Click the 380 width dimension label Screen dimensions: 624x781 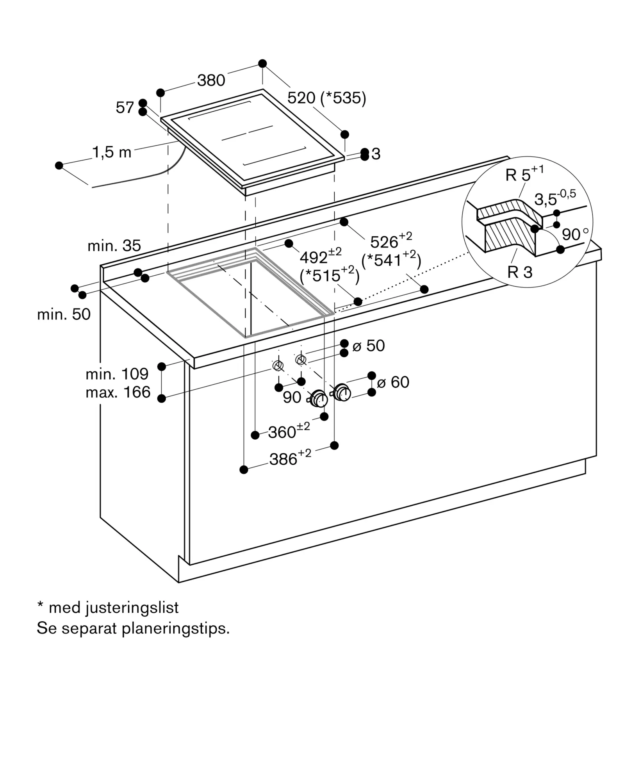coord(211,80)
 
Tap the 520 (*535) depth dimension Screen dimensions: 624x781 coord(327,98)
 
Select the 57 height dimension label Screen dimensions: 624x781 coord(125,107)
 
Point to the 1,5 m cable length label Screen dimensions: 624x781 coord(112,152)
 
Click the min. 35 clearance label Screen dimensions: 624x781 coord(114,246)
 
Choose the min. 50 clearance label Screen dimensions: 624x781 coord(64,314)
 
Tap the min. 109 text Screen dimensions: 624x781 coord(117,374)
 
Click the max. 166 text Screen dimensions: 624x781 coord(118,392)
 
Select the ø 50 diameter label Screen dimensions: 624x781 coord(369,346)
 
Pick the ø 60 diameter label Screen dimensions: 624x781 coord(393,382)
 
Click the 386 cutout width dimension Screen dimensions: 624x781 coord(290,457)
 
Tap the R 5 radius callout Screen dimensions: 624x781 coord(524,174)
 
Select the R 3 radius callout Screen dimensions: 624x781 coord(520,272)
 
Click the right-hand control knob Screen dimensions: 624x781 coord(342,392)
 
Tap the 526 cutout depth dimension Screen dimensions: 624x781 coord(391,241)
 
